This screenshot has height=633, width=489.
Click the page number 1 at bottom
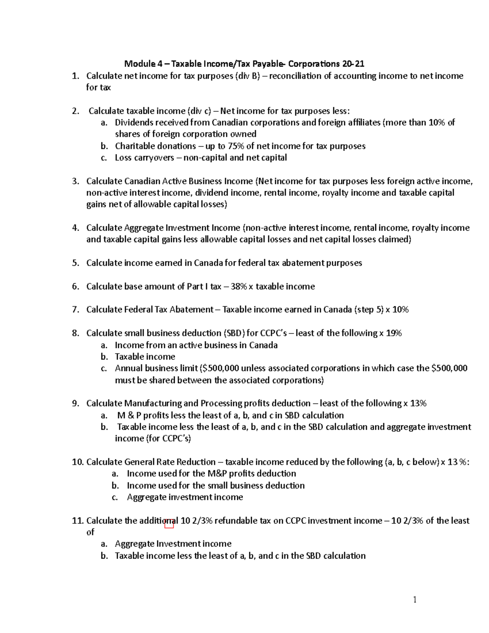[415, 600]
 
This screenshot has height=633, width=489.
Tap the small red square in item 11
[169, 524]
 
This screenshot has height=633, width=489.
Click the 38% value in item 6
[239, 287]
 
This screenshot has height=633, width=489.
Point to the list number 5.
[75, 263]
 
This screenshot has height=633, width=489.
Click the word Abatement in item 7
[191, 310]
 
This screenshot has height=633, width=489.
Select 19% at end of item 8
[394, 333]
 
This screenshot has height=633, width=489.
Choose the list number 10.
[77, 462]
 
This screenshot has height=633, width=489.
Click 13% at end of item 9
[418, 404]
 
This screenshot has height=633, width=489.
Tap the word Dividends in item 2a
[133, 123]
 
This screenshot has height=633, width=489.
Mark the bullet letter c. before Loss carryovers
[104, 158]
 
